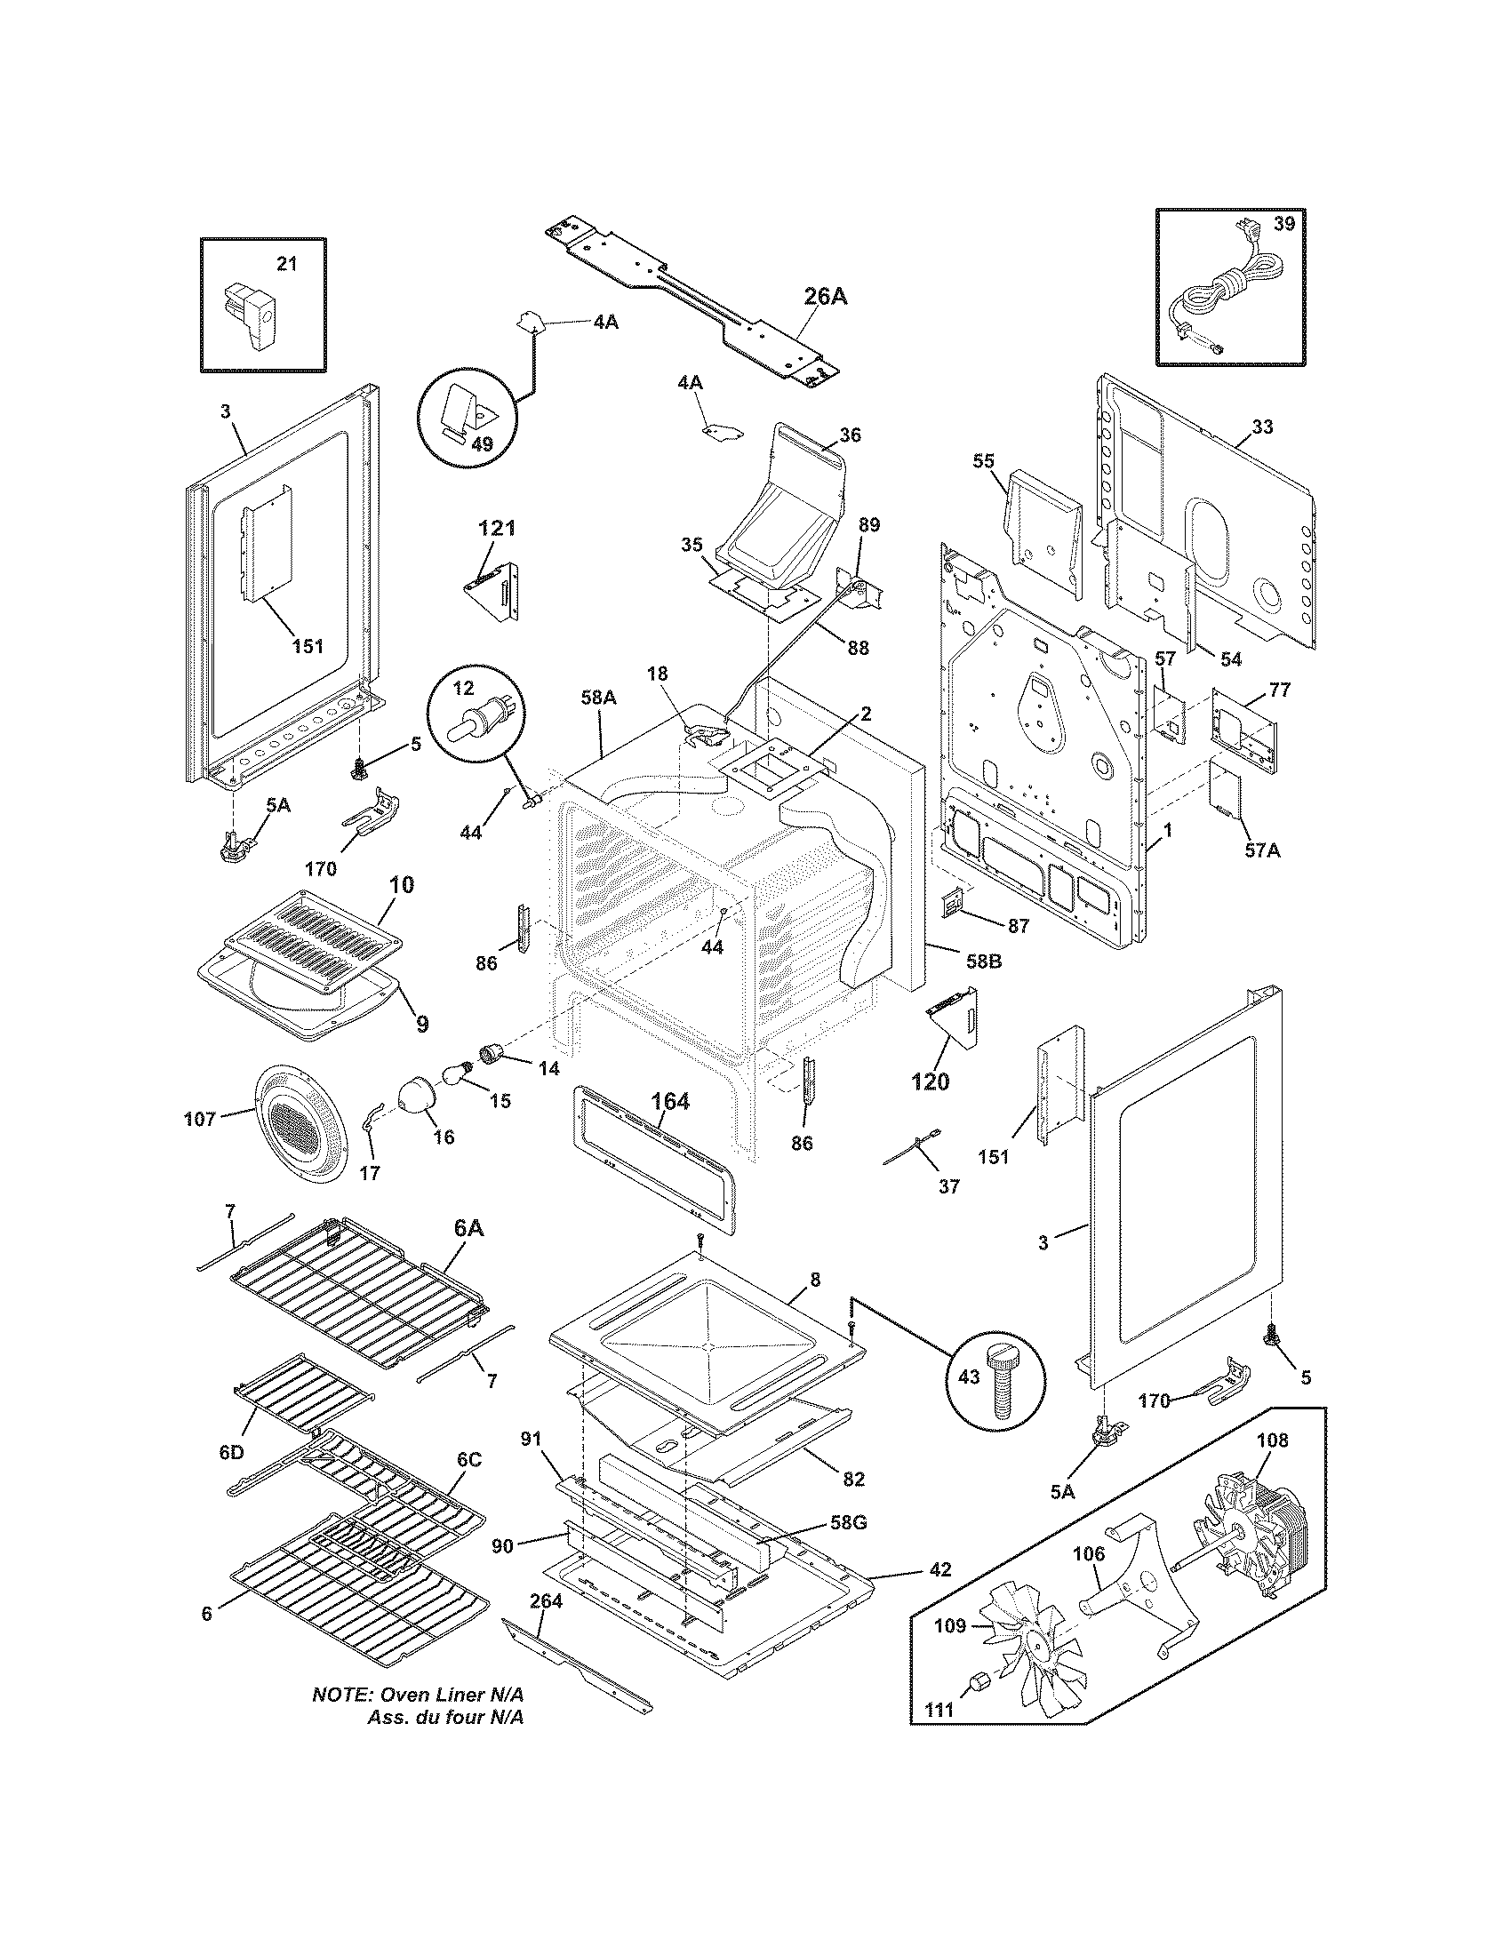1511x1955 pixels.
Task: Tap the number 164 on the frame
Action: coord(669,1102)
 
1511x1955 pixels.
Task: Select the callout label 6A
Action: coord(469,1229)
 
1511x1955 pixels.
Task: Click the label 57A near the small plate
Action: coord(1261,850)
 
